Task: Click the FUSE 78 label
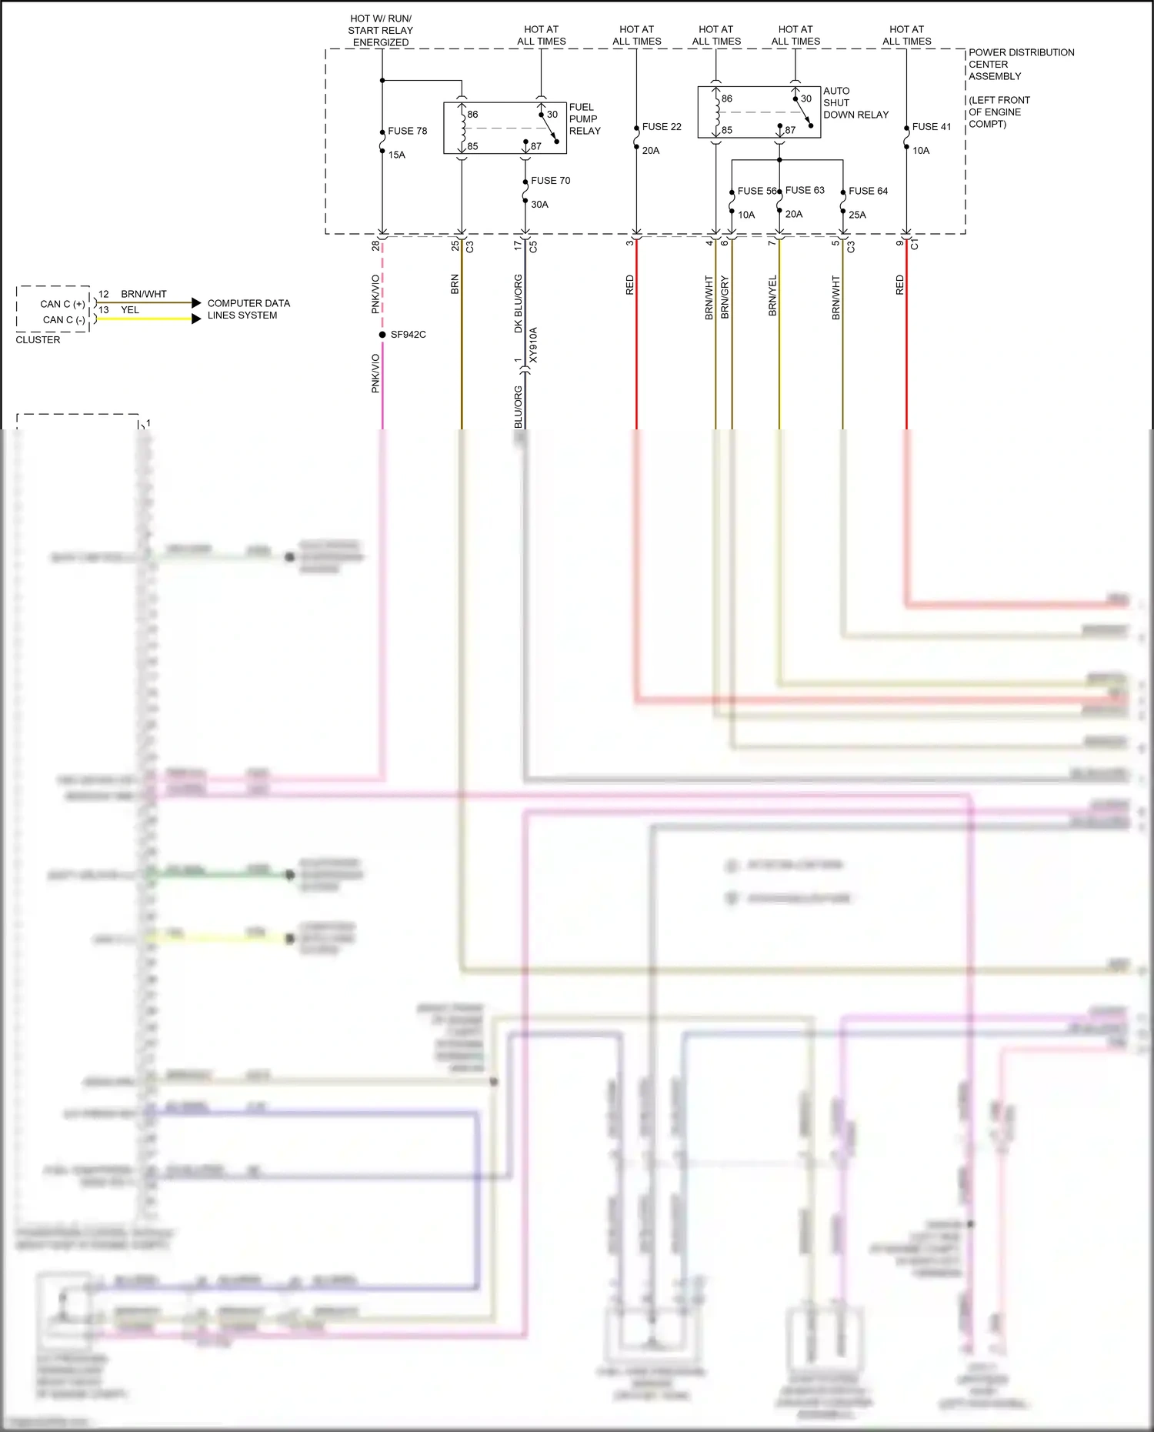[407, 131]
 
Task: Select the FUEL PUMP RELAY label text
[585, 118]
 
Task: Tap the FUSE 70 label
[550, 181]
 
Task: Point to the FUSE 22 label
[662, 127]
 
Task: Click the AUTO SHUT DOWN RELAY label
[855, 103]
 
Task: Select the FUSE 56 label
[756, 191]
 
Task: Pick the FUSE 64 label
[868, 191]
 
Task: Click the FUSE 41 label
[931, 127]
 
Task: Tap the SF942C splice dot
[382, 335]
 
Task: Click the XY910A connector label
[533, 345]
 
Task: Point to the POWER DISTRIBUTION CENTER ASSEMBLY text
[1020, 65]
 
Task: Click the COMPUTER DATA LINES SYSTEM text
[248, 309]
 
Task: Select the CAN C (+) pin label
[62, 304]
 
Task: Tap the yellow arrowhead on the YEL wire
[196, 319]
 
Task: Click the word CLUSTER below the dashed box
[38, 340]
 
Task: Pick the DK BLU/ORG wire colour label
[518, 303]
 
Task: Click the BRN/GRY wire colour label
[724, 297]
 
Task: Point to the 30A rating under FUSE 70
[539, 205]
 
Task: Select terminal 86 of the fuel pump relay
[472, 115]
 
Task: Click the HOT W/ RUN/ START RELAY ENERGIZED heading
[381, 30]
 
